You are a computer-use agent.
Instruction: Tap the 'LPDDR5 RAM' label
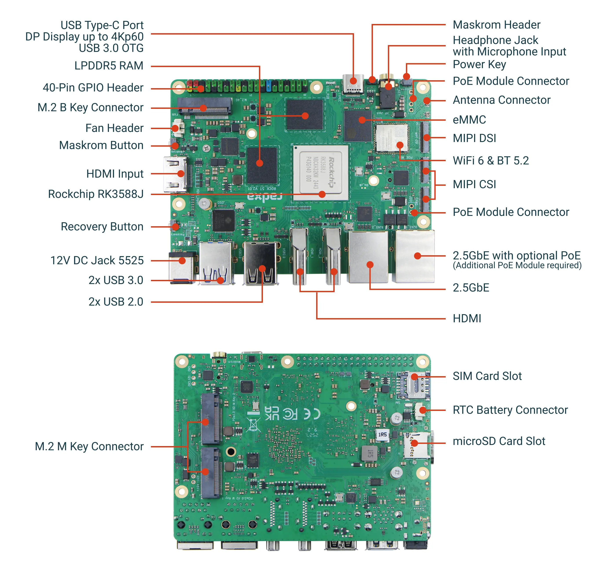109,66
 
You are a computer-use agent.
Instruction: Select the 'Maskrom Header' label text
496,25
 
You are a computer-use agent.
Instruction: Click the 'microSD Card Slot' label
499,441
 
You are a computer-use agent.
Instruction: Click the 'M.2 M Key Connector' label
89,446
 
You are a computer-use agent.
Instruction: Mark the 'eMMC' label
469,120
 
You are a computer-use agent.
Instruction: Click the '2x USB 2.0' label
116,301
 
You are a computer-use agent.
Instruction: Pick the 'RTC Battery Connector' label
510,410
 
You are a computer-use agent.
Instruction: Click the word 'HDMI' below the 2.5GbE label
467,318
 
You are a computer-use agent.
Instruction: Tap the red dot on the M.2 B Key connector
203,108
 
